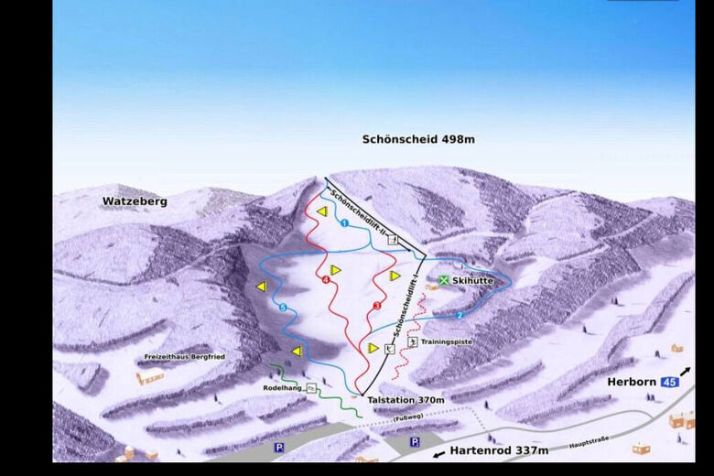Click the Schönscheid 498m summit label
[x=418, y=140]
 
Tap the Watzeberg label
[x=135, y=200]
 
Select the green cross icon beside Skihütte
[x=444, y=280]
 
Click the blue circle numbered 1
[x=344, y=223]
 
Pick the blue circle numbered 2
[x=460, y=315]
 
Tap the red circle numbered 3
[x=376, y=305]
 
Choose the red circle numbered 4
[x=326, y=280]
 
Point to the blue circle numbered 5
[x=282, y=307]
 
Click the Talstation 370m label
[x=405, y=400]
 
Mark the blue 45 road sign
[x=669, y=382]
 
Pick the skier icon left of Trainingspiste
[x=413, y=342]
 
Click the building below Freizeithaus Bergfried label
[x=149, y=375]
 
